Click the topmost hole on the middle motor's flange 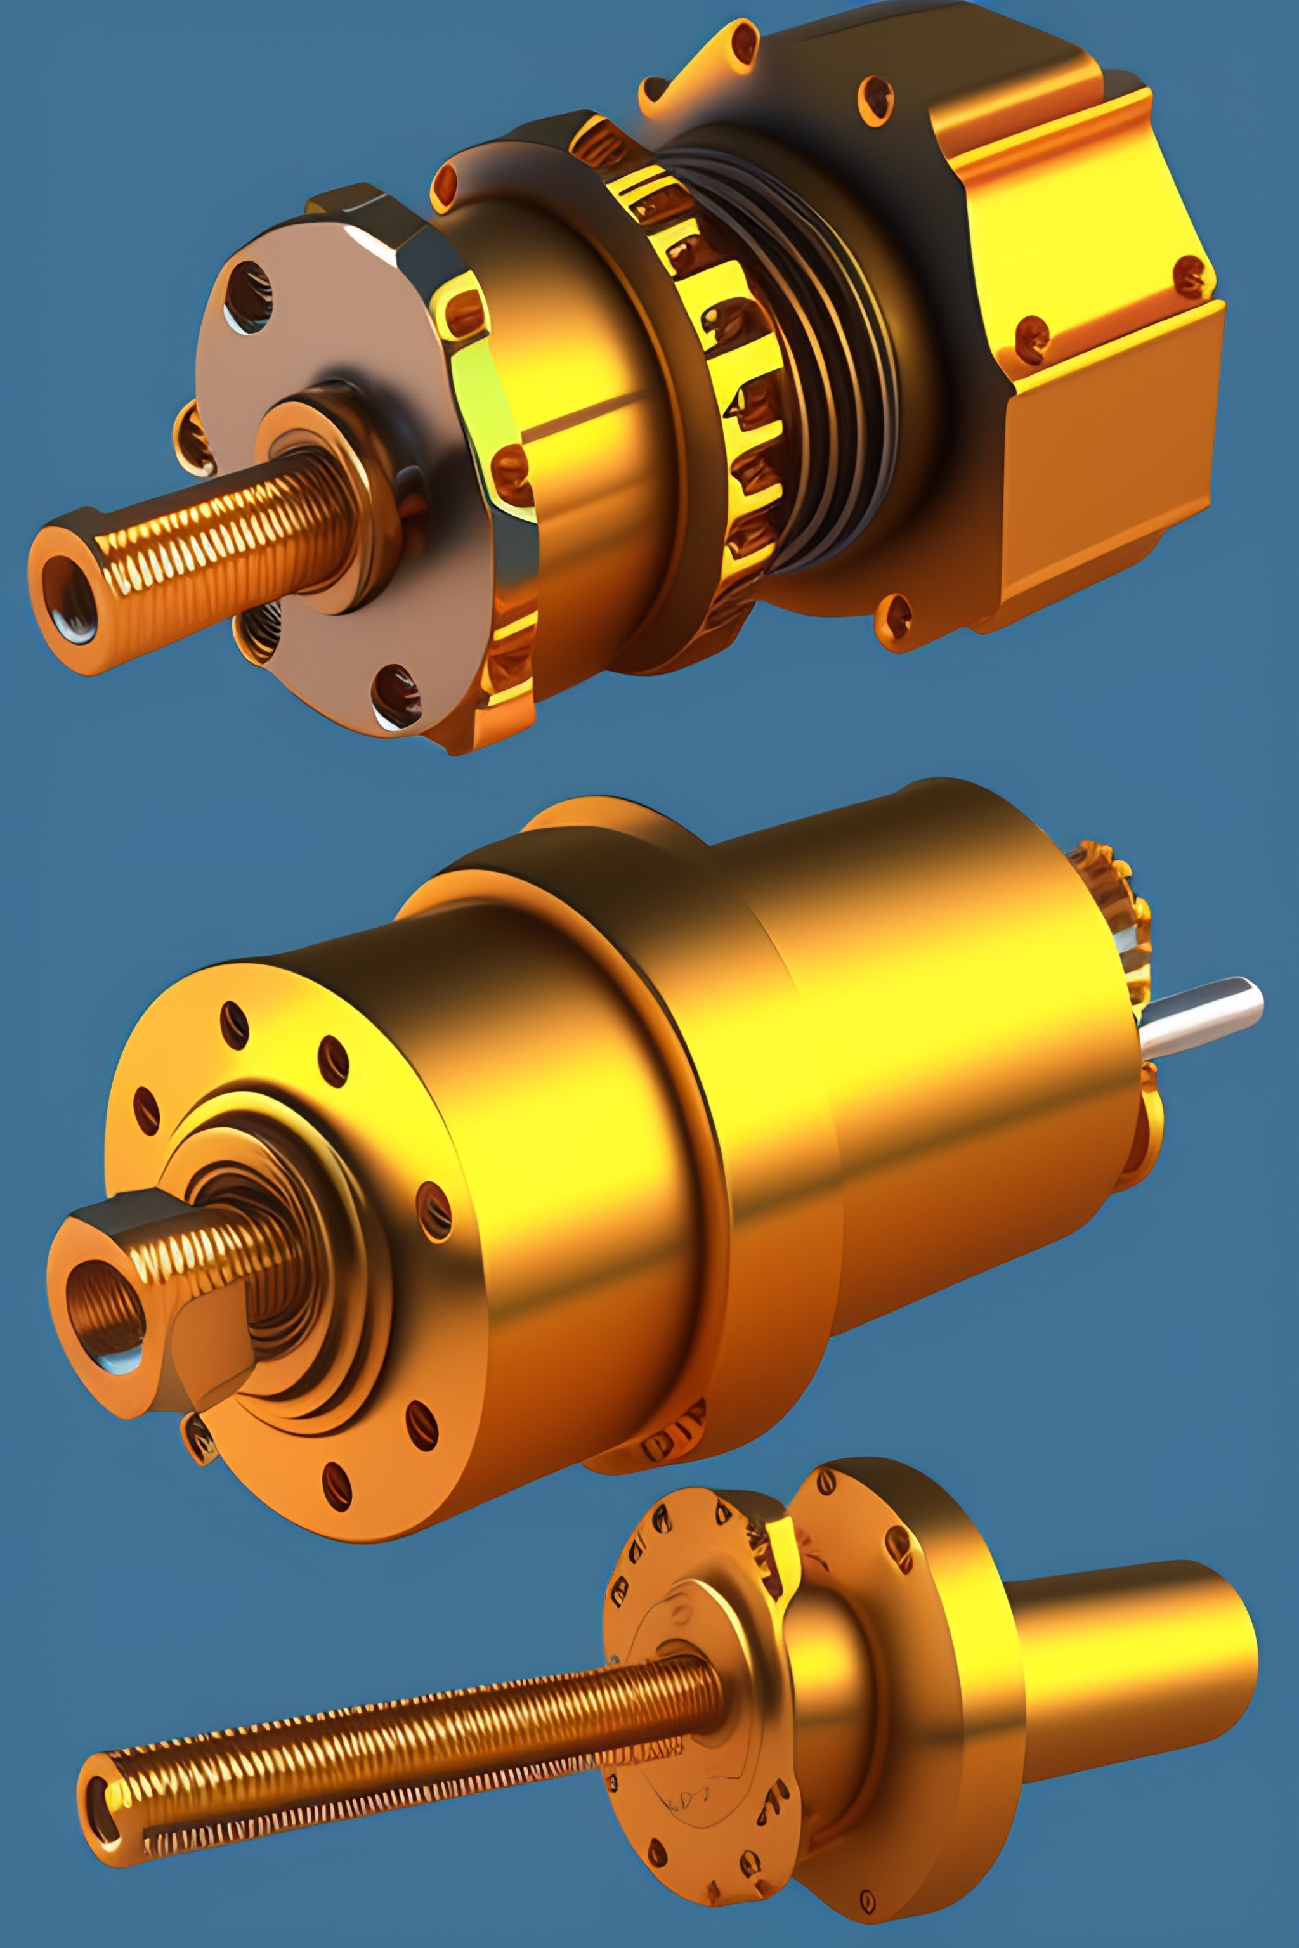click(235, 1025)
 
